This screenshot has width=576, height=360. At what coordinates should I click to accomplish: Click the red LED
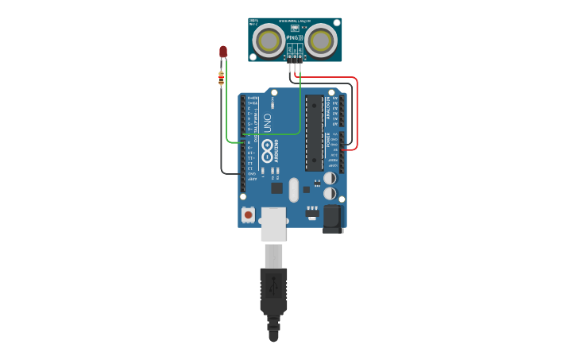coord(223,52)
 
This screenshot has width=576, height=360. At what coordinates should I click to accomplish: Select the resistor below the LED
coord(221,78)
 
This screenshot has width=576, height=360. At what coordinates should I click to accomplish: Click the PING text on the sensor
coord(294,37)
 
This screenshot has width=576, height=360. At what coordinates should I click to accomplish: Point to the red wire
coord(357,111)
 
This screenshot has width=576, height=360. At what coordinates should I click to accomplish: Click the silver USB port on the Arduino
coord(273,224)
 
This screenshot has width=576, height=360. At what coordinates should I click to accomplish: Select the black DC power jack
coord(333,219)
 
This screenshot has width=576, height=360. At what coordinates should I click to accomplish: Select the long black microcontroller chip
coord(314,133)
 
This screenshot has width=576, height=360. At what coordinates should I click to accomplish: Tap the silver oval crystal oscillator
coord(294,190)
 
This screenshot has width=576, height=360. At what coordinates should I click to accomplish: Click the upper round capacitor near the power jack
coord(329,178)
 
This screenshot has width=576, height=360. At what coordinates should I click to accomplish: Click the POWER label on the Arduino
coord(327,140)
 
